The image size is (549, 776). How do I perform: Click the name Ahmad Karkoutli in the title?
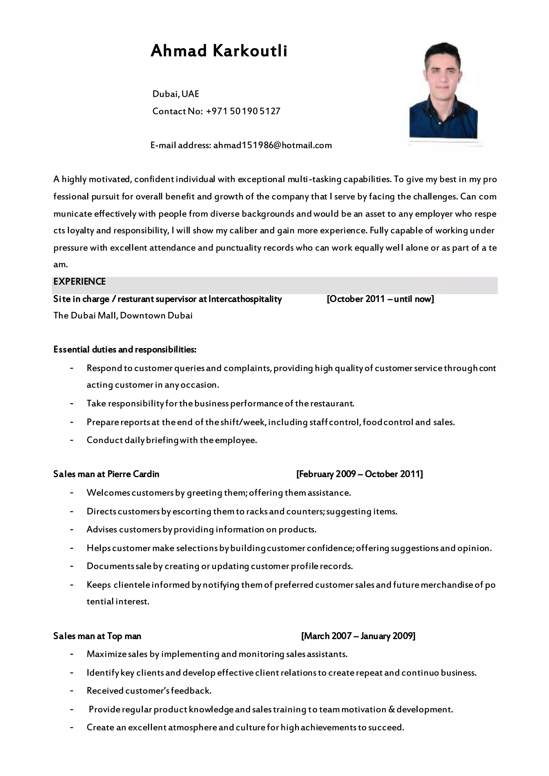coord(219,51)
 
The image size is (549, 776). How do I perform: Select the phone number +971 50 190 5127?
coord(243,111)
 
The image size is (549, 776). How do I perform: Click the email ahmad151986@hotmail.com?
coord(272,145)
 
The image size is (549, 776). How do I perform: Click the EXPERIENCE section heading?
coord(79,282)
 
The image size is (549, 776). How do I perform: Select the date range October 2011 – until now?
coord(380,299)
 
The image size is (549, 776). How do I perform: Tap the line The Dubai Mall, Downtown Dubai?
coord(123,316)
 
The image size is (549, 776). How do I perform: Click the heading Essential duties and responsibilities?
coord(125,349)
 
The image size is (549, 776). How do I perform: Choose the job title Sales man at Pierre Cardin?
coord(106,474)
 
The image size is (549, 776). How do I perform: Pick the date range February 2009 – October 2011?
coord(359,474)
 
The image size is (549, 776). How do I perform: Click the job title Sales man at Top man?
coord(97,636)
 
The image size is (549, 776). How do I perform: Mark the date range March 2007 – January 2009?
coord(358,636)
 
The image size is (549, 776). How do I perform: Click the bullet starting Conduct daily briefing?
coord(172,440)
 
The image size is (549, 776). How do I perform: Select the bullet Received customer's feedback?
coord(149,690)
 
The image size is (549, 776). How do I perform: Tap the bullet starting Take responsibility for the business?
coord(220,403)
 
